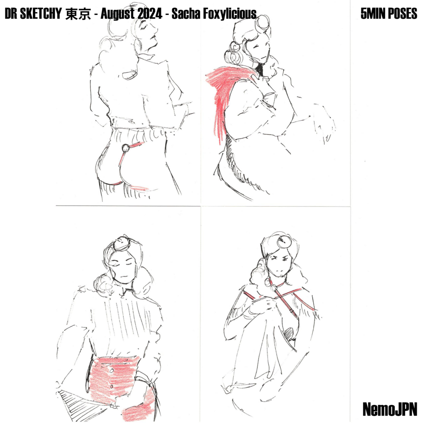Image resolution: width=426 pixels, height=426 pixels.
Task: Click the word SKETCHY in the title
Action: (41, 14)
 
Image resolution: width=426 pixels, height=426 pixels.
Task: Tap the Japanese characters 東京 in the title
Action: (78, 14)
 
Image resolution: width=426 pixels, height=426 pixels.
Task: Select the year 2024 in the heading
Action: (149, 14)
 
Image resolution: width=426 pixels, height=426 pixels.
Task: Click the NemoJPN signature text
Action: (389, 409)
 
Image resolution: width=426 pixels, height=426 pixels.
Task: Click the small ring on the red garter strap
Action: (126, 149)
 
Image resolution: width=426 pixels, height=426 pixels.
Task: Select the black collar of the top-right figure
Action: (260, 69)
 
